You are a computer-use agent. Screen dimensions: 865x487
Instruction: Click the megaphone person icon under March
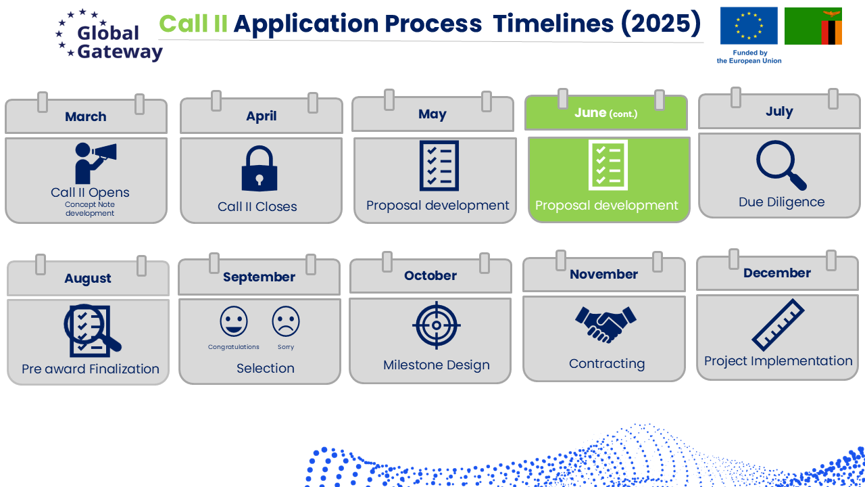click(95, 163)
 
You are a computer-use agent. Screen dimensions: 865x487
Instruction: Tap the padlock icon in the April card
click(259, 168)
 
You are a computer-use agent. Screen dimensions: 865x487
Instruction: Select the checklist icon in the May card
click(439, 166)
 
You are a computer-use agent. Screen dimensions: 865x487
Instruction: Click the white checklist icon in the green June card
click(608, 165)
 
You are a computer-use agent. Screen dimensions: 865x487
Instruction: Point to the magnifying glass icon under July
click(781, 165)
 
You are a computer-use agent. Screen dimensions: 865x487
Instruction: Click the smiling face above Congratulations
click(234, 321)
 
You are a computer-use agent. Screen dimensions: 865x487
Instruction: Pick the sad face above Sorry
click(286, 321)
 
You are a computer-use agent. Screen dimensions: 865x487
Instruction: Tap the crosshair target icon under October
click(437, 325)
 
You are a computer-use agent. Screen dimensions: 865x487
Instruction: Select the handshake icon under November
click(605, 325)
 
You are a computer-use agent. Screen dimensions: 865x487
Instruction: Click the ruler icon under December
click(778, 325)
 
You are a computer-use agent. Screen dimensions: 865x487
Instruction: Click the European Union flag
click(749, 26)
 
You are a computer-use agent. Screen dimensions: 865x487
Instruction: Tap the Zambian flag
click(813, 26)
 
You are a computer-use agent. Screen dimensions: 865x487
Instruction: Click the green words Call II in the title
click(193, 24)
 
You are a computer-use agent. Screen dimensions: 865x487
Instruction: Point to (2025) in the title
click(661, 24)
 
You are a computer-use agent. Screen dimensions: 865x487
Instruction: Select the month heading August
click(88, 278)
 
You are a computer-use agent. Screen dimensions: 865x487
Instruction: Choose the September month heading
click(259, 277)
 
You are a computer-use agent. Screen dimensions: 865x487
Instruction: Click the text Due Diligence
click(782, 202)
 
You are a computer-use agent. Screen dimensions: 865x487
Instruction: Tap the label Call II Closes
click(257, 207)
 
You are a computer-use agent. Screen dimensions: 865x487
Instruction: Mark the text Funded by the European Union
click(749, 57)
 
